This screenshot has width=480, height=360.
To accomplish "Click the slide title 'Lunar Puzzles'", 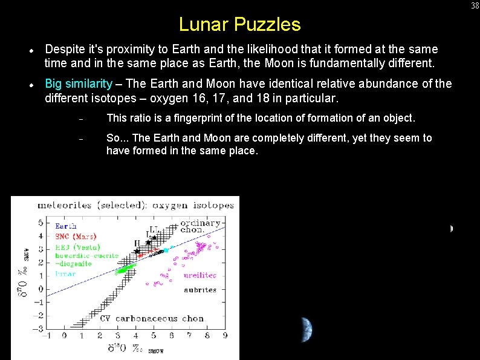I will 239,25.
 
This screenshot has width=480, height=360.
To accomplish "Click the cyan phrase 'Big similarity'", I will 79,83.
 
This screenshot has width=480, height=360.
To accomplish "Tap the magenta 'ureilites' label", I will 200,275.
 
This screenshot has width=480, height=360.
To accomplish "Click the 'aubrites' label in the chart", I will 200,290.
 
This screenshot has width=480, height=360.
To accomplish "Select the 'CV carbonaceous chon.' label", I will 152,318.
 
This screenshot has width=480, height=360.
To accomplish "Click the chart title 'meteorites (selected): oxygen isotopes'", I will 135,205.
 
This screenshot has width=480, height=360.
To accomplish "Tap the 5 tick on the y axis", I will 41,223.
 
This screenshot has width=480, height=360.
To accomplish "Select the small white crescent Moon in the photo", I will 451,229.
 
